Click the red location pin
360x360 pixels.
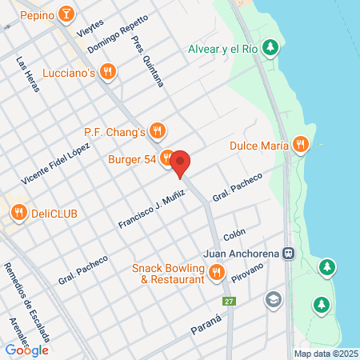coord(181,163)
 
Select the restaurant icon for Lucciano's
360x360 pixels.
coord(110,73)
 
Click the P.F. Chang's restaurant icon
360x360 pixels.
coord(158,130)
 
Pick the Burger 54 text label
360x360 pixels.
coord(132,159)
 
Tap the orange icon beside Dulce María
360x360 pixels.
coord(301,145)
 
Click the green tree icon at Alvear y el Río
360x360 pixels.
coord(271,48)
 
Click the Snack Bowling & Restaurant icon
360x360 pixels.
coord(215,274)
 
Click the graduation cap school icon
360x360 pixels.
coord(274,298)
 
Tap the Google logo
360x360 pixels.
coord(26,350)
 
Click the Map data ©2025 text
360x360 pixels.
coord(325,354)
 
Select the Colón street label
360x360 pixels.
coord(234,235)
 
